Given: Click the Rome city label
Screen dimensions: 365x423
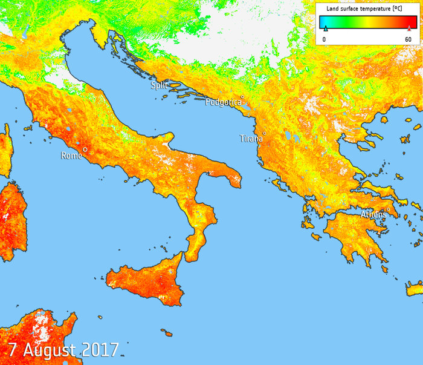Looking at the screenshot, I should click(71, 156).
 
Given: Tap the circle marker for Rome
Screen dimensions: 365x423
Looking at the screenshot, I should click(85, 149).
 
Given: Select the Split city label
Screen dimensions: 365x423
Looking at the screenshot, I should click(159, 86).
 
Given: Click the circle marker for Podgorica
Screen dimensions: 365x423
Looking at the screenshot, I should click(242, 97).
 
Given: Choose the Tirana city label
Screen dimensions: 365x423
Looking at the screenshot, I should click(251, 139).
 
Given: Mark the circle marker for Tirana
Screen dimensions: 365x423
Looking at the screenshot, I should click(264, 133).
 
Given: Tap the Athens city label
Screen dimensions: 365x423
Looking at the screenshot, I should click(373, 214).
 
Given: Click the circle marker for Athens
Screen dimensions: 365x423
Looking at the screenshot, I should click(388, 209).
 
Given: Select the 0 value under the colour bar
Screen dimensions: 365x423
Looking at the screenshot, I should click(325, 39).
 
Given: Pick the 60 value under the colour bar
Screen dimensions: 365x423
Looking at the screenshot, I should click(408, 39).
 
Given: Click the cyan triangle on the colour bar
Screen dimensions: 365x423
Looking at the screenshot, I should click(325, 28).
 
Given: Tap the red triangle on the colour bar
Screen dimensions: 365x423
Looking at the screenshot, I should click(409, 28).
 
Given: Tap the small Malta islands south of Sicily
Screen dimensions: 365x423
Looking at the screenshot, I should click(166, 332).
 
